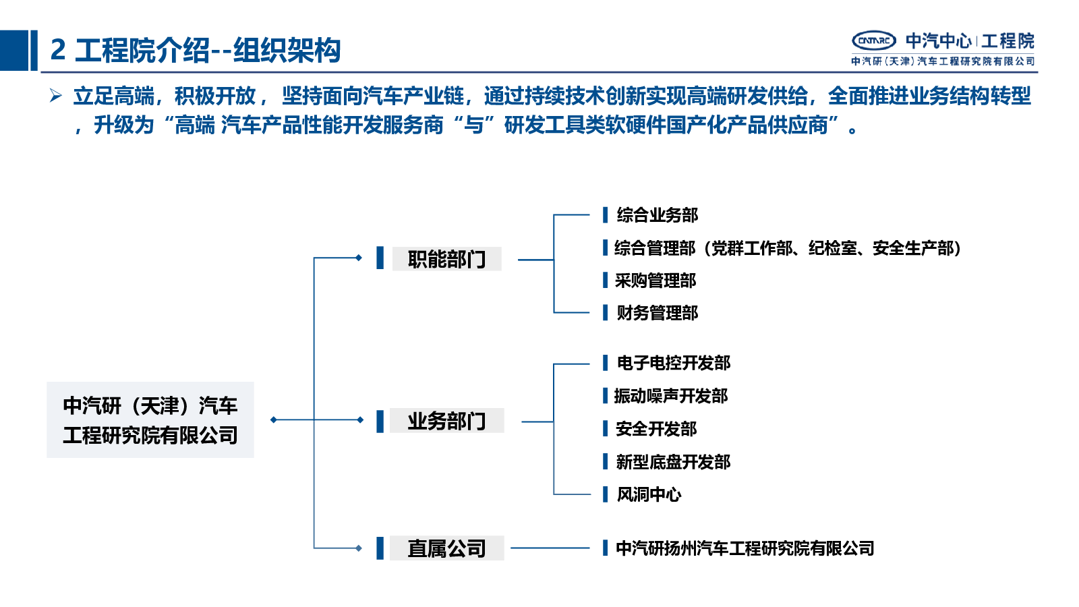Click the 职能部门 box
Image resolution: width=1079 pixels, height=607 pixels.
[x=446, y=259]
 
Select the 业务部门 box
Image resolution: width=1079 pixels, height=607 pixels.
[x=446, y=421]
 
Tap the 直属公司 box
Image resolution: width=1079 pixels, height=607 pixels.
[x=446, y=548]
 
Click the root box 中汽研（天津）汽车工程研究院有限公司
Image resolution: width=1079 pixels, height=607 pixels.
[x=150, y=420]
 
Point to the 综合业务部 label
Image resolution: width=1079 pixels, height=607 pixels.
[x=657, y=215]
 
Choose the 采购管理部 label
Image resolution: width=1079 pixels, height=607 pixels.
[x=655, y=281]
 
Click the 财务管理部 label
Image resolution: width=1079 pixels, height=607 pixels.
[x=657, y=313]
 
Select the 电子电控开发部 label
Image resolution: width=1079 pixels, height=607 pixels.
[x=674, y=364]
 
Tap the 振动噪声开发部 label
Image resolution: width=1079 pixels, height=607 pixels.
[x=671, y=396]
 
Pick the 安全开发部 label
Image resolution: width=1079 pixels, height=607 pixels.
[x=656, y=429]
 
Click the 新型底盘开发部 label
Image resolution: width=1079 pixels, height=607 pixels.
[x=674, y=462]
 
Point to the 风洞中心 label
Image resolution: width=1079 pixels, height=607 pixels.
[x=649, y=494]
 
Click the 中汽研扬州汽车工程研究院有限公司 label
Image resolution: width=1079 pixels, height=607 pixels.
[x=745, y=548]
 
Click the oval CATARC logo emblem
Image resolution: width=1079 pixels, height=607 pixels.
[x=874, y=41]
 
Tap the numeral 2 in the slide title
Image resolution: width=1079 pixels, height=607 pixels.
[x=58, y=50]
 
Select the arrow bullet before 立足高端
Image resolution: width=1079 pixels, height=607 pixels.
[x=55, y=95]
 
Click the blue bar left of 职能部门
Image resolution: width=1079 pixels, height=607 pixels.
[x=380, y=258]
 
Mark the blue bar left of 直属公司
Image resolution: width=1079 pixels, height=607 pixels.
[x=380, y=548]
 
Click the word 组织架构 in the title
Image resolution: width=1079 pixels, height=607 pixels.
[x=287, y=50]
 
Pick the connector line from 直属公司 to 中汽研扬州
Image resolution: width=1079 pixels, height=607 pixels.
[x=550, y=548]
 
